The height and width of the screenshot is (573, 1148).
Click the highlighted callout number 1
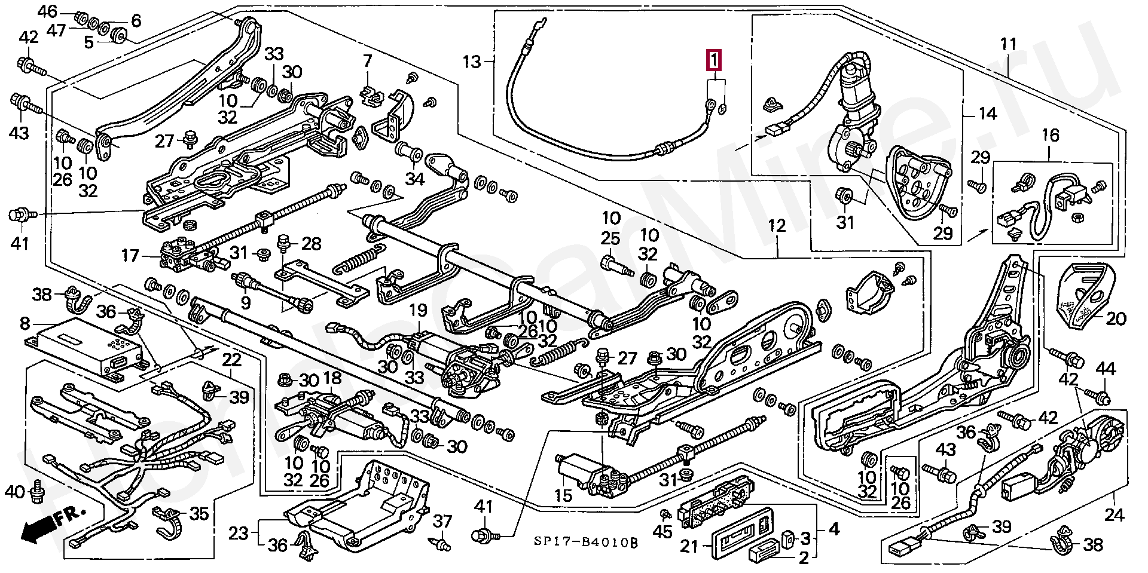(x=714, y=60)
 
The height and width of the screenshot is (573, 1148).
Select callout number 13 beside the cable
(x=472, y=62)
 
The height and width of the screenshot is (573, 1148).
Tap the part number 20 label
(x=1116, y=319)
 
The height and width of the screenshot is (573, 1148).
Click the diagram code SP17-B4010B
(x=585, y=543)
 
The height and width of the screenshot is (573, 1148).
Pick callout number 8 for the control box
(x=25, y=324)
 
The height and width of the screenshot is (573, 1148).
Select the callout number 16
(x=1051, y=136)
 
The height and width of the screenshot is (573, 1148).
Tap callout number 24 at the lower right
(x=1114, y=514)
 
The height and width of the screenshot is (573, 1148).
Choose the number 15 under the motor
(x=563, y=495)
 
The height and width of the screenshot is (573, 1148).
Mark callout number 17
(x=130, y=256)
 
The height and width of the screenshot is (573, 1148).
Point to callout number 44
(x=1106, y=369)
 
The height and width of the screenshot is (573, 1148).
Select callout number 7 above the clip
(x=367, y=60)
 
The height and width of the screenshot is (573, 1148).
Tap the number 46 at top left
(x=47, y=11)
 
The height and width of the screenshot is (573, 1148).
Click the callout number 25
(x=610, y=238)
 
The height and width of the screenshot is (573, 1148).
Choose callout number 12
(x=776, y=226)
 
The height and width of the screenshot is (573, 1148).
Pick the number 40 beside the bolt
(x=15, y=492)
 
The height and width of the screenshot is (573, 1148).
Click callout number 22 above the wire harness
(x=231, y=360)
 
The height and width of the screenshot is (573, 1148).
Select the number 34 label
(x=414, y=179)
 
